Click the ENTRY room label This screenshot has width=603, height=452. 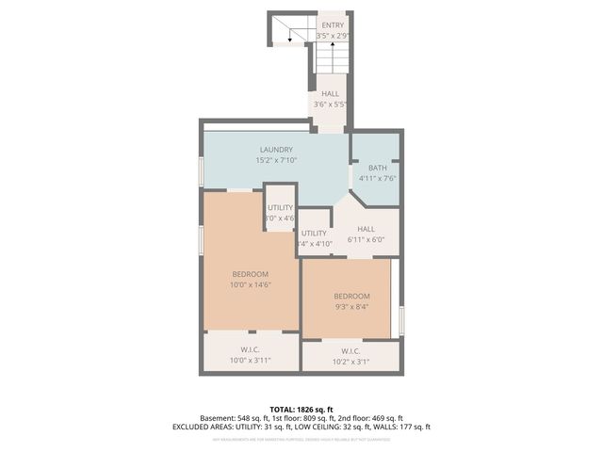(333, 25)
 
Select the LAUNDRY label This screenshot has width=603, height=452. (276, 150)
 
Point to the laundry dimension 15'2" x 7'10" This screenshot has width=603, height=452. (276, 160)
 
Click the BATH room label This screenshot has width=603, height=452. (377, 168)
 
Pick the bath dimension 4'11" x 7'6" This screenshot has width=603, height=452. (377, 178)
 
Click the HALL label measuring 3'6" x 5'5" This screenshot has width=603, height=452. (330, 94)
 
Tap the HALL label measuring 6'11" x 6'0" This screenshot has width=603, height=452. (367, 229)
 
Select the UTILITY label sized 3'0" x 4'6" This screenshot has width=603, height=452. (280, 207)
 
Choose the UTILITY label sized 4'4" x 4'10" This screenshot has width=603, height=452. (314, 234)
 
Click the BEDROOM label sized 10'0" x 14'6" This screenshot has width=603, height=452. (250, 274)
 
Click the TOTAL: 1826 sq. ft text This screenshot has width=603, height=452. (301, 410)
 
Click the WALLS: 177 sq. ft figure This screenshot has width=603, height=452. (399, 427)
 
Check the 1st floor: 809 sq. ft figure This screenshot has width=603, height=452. (302, 418)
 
